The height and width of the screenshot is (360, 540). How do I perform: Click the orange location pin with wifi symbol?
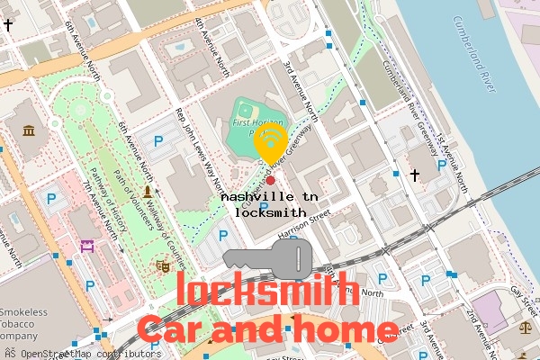click(270, 143)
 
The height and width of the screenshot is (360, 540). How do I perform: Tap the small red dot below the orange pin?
click(270, 180)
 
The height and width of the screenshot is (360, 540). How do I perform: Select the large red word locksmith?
click(268, 291)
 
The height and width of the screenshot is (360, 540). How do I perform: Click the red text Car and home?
click(267, 329)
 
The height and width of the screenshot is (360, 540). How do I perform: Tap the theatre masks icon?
click(163, 265)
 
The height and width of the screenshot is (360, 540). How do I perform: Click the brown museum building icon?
click(30, 131)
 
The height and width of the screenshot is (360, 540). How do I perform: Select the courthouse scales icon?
click(526, 330)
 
